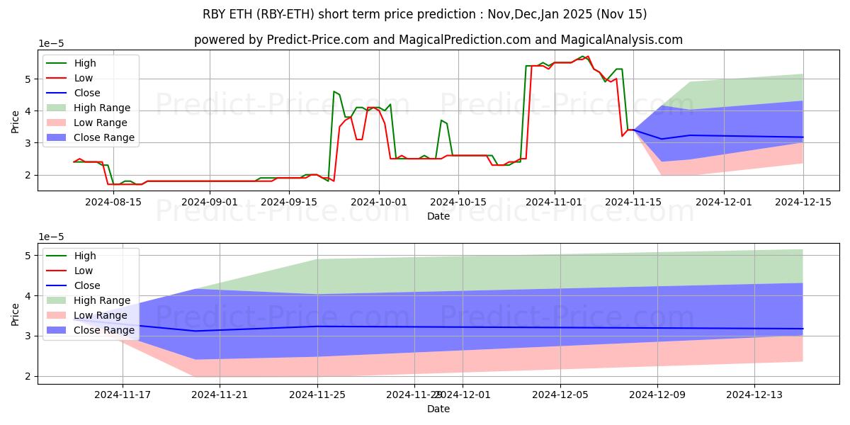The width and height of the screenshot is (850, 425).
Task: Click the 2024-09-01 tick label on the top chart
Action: (x=210, y=202)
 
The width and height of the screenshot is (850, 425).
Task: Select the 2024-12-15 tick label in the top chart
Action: (x=803, y=202)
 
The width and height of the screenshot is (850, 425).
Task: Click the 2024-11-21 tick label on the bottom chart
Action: (x=220, y=395)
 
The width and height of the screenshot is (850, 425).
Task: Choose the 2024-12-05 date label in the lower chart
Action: (x=560, y=395)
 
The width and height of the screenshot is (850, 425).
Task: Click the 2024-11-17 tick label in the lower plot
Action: (x=123, y=395)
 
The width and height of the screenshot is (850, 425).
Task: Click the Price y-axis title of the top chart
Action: (x=15, y=121)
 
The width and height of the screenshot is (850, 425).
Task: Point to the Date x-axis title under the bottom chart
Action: (x=438, y=409)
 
